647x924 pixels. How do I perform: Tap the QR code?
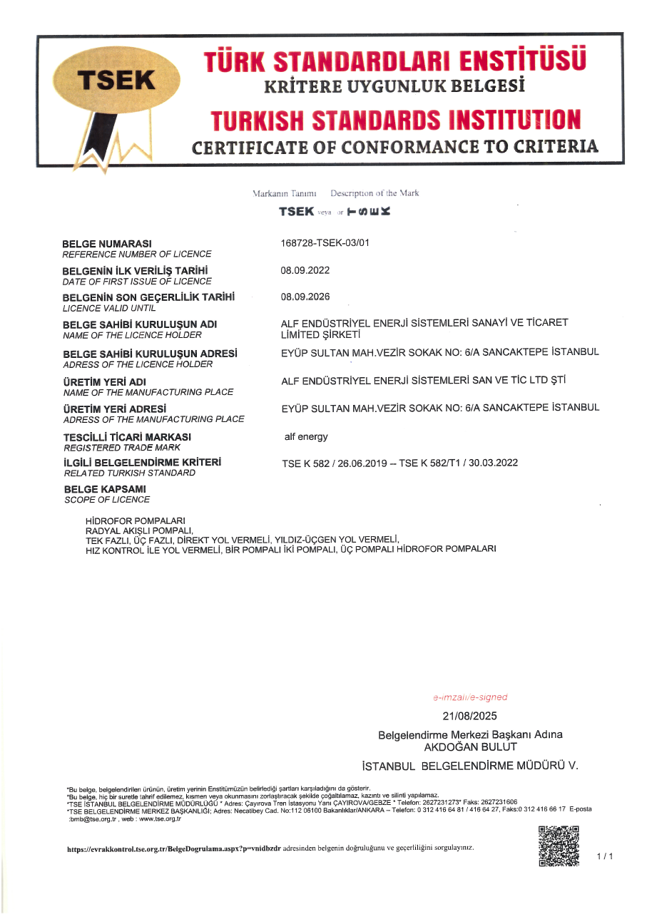click(558, 846)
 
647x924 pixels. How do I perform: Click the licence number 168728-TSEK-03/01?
click(325, 243)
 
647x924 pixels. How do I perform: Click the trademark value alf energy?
click(306, 436)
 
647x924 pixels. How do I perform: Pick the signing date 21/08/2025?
click(470, 716)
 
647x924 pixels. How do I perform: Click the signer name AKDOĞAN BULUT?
click(471, 747)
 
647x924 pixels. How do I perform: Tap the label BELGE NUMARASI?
click(107, 244)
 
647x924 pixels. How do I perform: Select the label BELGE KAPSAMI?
click(105, 489)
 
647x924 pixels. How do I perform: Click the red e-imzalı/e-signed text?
click(470, 697)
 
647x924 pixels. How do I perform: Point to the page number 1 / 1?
click(605, 856)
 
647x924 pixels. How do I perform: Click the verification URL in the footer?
click(173, 848)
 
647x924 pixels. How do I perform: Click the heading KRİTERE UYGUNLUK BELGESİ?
click(394, 87)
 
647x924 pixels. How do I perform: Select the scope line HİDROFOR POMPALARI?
click(135, 520)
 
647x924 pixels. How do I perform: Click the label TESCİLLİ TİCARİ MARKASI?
click(127, 436)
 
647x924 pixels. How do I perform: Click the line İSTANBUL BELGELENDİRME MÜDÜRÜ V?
click(470, 766)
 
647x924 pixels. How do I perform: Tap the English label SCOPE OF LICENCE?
click(107, 500)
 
